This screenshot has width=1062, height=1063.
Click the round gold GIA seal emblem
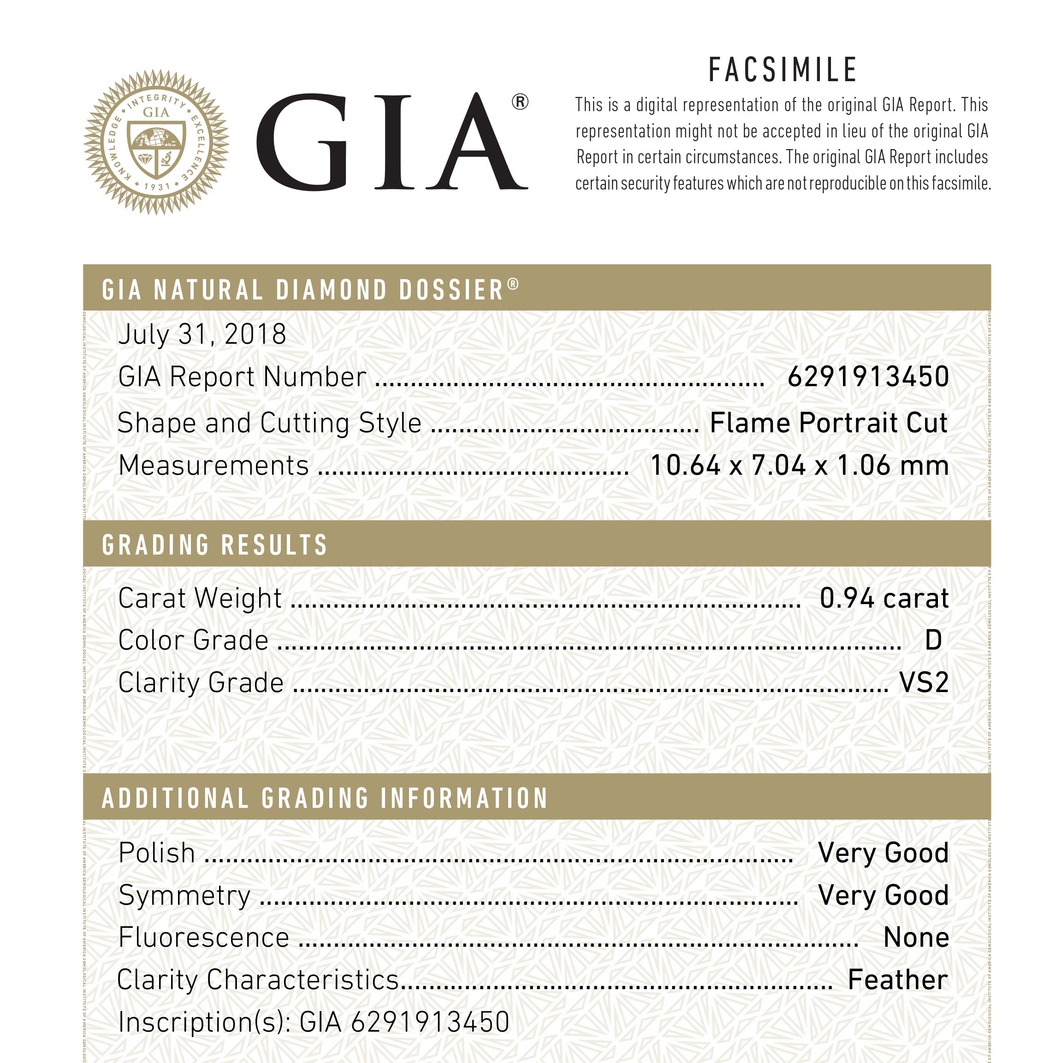click(156, 142)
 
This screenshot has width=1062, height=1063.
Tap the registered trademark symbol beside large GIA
click(520, 102)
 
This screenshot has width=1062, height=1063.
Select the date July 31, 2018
click(202, 334)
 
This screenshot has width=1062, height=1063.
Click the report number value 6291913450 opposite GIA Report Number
click(868, 377)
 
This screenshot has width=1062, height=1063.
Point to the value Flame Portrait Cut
click(829, 423)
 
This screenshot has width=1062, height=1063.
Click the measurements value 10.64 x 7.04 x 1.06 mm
click(799, 466)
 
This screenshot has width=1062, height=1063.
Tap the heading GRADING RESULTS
click(214, 545)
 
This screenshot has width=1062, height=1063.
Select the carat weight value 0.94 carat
click(884, 598)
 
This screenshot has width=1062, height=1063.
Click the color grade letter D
click(933, 640)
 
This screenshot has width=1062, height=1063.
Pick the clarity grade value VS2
click(924, 683)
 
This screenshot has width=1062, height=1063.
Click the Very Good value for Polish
click(883, 853)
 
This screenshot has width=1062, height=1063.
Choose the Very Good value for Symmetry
click(883, 895)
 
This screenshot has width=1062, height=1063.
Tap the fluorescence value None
click(916, 938)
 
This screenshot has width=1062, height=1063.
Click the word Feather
click(897, 980)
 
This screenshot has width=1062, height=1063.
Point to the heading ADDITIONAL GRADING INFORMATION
click(325, 798)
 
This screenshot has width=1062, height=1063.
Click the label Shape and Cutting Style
click(269, 423)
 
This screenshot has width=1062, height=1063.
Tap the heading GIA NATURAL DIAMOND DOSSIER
click(303, 290)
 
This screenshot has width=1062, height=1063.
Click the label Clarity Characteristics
click(257, 980)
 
